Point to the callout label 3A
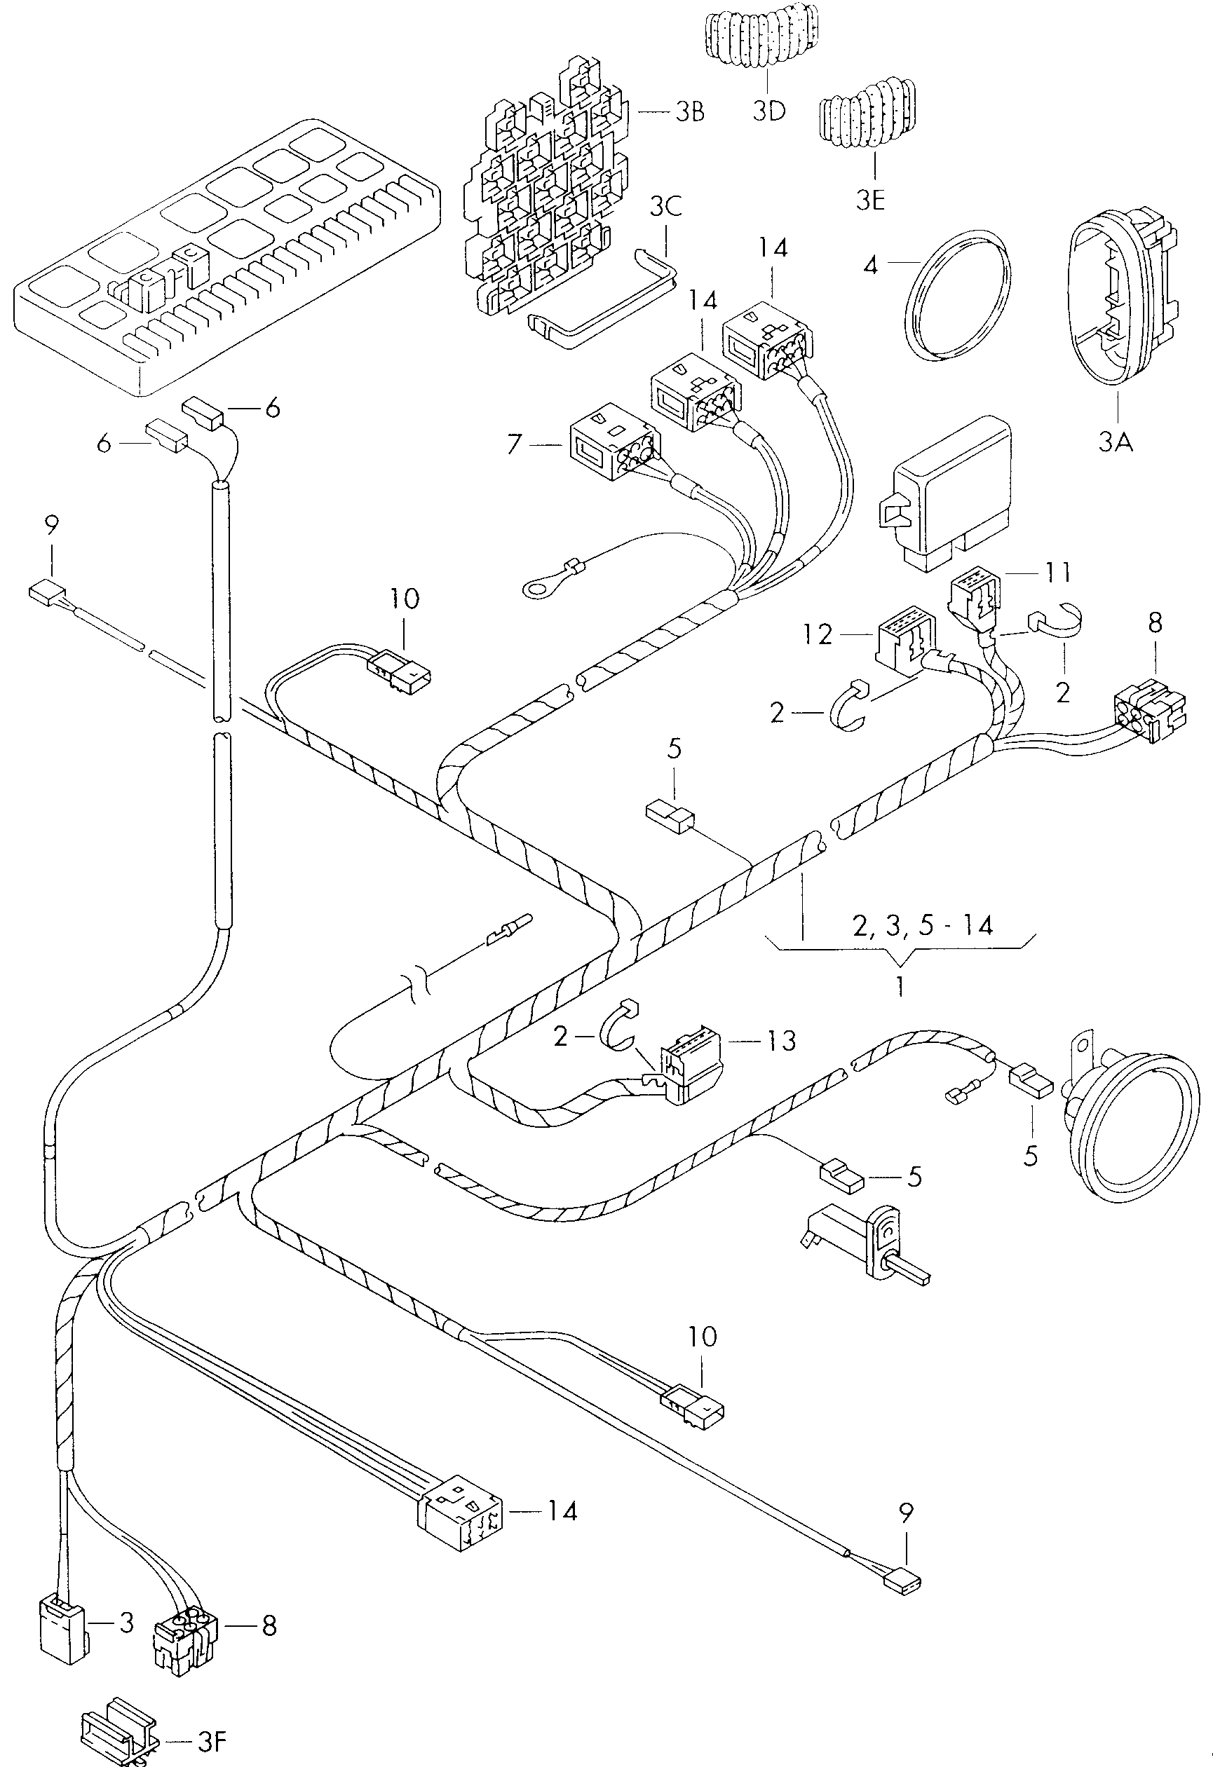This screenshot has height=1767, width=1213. [1116, 441]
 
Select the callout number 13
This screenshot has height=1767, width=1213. [780, 1040]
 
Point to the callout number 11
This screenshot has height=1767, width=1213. [1057, 572]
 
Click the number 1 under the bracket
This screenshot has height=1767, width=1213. [900, 986]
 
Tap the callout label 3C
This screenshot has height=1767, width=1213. [665, 206]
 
